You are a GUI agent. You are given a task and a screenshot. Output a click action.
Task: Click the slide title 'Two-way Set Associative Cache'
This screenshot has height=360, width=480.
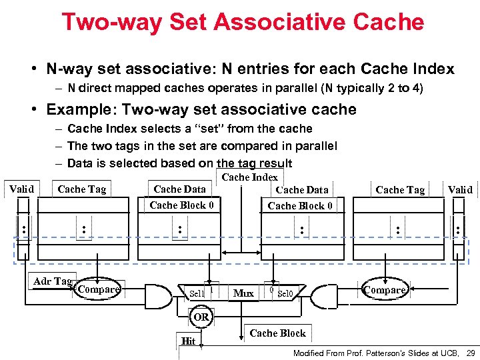243,22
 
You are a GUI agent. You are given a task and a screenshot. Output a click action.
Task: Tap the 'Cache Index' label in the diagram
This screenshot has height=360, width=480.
249,177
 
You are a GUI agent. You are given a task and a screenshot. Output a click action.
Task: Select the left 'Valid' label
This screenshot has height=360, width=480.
21,189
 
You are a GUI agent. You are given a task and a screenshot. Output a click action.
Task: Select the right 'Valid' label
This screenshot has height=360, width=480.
460,190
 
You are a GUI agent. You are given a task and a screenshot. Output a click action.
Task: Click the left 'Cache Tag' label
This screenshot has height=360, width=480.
81,189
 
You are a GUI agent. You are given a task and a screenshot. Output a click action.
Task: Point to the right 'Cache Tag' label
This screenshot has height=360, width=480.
400,190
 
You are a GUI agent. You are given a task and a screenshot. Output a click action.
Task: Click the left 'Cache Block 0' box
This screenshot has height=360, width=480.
181,205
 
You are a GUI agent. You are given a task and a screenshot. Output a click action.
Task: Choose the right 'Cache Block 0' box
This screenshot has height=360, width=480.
300,206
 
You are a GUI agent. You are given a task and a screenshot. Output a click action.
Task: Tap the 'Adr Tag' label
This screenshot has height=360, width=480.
52,281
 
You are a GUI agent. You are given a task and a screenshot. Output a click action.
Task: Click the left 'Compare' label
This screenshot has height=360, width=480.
99,289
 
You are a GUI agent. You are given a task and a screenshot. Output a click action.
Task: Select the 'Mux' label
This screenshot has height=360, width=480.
243,293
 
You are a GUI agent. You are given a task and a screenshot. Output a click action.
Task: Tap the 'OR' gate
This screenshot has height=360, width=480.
201,317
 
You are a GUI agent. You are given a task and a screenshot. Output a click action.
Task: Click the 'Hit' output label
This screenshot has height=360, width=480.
188,341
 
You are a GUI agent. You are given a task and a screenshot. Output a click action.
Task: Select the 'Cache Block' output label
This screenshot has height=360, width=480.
277,333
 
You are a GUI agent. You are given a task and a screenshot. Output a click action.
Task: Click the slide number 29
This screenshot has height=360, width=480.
471,352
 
